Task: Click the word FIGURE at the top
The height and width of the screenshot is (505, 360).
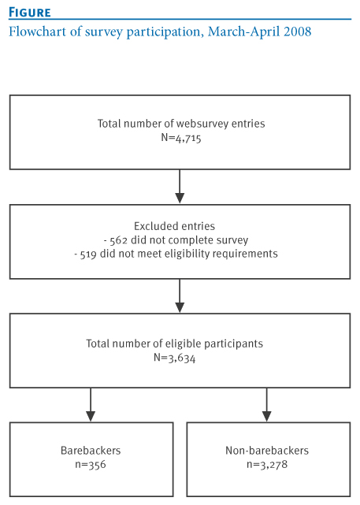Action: (30, 13)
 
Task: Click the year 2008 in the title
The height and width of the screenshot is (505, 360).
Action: (297, 32)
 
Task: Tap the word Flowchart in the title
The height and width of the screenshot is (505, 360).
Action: (37, 32)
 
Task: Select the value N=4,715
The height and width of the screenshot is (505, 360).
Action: (181, 138)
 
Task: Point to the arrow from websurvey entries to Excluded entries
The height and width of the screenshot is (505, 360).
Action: (180, 186)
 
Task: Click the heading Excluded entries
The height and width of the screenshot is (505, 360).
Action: (174, 226)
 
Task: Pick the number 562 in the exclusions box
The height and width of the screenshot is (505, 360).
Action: (118, 240)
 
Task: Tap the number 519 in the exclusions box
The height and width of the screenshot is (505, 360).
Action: (88, 254)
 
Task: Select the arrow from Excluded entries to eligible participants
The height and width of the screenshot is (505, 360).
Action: (180, 295)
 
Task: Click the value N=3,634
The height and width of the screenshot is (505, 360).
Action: (174, 358)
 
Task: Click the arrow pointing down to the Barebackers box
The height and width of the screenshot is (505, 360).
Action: (91, 404)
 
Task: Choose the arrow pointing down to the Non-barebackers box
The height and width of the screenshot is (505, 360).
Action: (266, 404)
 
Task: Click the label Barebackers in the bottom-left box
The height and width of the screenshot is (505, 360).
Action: (91, 451)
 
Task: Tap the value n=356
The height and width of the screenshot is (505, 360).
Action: (91, 464)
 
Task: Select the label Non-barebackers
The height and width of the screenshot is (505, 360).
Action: (267, 451)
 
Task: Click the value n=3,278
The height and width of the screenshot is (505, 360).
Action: (267, 464)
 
